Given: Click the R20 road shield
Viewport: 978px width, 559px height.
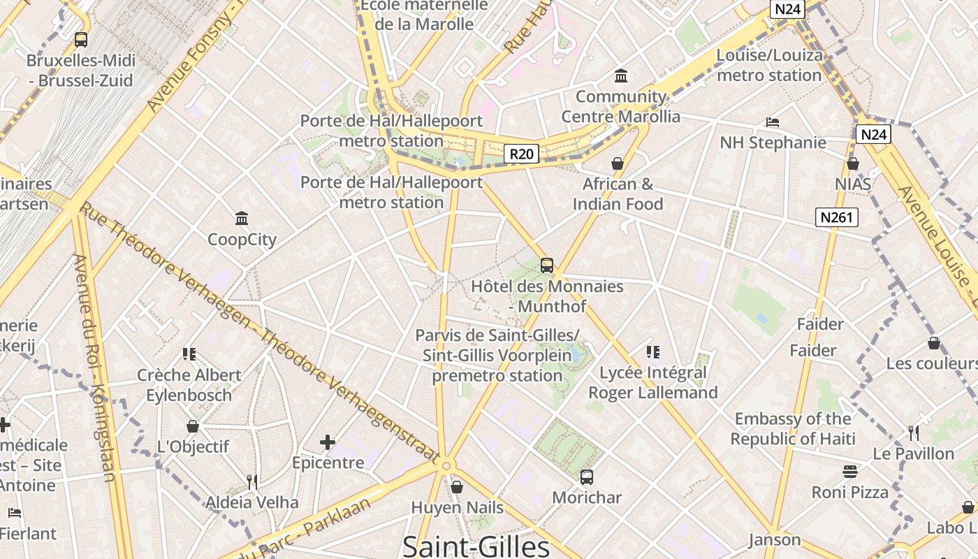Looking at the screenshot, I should pos(522,154).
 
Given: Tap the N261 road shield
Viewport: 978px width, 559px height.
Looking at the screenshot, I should pos(836,217).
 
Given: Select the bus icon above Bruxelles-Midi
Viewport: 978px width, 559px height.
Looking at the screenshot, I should pos(81,40).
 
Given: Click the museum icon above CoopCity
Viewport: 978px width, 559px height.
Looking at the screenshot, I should pos(242,219).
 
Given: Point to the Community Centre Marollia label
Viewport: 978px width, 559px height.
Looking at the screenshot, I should pos(621,106).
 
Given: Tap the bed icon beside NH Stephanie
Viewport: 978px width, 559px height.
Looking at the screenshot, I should pos(772,122).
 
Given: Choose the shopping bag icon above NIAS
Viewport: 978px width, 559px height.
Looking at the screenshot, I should pos(852,164).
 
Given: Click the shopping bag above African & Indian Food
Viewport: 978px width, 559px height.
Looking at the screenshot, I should pos(618,164).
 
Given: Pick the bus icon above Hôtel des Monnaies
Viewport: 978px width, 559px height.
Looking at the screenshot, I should pos(547,266).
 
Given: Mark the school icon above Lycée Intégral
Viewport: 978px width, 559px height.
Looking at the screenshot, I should pos(653,351).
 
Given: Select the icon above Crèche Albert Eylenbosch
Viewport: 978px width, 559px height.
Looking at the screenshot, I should pos(189,354).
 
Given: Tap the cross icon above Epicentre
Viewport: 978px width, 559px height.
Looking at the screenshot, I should pos(328,442).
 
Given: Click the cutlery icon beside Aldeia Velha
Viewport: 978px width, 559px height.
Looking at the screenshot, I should pos(252,481).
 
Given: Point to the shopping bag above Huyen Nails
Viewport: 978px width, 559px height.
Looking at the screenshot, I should pos(457,487).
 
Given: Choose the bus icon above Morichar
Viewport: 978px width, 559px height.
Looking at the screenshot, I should pos(587,477).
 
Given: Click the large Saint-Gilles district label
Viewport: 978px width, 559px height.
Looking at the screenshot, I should pos(476,546).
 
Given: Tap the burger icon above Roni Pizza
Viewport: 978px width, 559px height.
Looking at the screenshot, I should pos(850,472).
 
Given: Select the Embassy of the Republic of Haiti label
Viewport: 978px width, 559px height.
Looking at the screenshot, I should pos(793,429).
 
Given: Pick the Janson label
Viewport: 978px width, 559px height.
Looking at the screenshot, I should pos(775,539).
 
